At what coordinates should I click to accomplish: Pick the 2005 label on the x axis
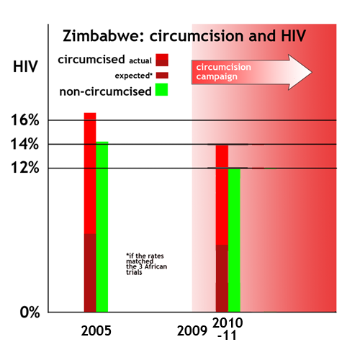point(96,332)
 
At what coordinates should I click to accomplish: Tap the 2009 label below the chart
point(192,332)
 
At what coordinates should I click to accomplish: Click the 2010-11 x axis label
point(228,328)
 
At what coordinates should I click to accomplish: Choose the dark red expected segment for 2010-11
point(222,278)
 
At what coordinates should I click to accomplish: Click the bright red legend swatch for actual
point(161,59)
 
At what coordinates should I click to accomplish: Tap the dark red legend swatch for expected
point(161,75)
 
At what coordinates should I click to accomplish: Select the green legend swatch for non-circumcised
point(161,90)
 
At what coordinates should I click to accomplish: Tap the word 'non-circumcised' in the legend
point(107,91)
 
